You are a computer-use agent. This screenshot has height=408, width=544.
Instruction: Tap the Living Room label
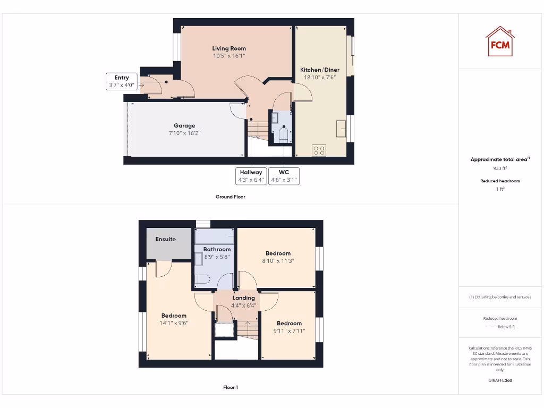pyautogui.click(x=229, y=48)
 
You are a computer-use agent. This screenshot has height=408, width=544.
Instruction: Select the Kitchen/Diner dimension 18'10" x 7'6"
pyautogui.click(x=320, y=77)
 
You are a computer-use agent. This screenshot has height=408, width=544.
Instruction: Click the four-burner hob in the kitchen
pyautogui.click(x=319, y=150)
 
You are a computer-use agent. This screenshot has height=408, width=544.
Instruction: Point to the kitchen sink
pyautogui.click(x=341, y=128)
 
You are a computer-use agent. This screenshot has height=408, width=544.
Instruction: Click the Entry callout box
pyautogui.click(x=122, y=81)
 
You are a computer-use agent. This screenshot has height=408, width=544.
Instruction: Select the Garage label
pyautogui.click(x=184, y=126)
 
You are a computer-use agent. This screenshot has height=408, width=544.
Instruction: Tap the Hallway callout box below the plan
pyautogui.click(x=251, y=176)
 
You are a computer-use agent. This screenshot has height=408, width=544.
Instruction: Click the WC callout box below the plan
pyautogui.click(x=284, y=176)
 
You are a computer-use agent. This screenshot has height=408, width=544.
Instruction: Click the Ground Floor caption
pyautogui.click(x=231, y=197)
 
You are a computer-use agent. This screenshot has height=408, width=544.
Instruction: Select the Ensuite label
pyautogui.click(x=166, y=239)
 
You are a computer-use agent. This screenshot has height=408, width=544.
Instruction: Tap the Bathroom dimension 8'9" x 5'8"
pyautogui.click(x=217, y=257)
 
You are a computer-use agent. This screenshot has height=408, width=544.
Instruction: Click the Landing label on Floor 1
pyautogui.click(x=243, y=298)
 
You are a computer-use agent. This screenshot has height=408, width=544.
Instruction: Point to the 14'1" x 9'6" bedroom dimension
pyautogui.click(x=174, y=322)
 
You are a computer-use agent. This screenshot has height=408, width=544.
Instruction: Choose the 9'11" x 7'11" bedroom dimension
pyautogui.click(x=289, y=330)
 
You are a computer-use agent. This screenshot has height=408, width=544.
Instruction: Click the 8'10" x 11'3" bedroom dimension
pyautogui.click(x=278, y=261)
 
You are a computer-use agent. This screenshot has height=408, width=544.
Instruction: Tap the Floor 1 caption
pyautogui.click(x=231, y=387)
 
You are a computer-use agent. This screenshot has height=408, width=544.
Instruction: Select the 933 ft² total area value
pyautogui.click(x=500, y=168)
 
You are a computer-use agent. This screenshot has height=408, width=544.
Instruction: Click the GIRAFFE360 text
pyautogui.click(x=500, y=380)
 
